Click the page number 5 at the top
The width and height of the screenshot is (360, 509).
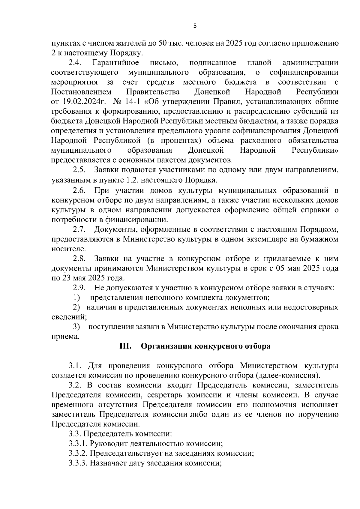click(x=195, y=26)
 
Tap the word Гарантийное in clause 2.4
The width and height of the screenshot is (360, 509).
click(x=116, y=63)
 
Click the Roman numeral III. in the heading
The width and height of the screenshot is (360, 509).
click(x=125, y=346)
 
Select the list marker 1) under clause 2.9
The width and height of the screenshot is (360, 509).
click(x=76, y=298)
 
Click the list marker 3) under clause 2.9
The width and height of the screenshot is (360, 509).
click(x=76, y=327)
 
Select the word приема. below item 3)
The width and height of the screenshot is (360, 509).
click(x=66, y=337)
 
